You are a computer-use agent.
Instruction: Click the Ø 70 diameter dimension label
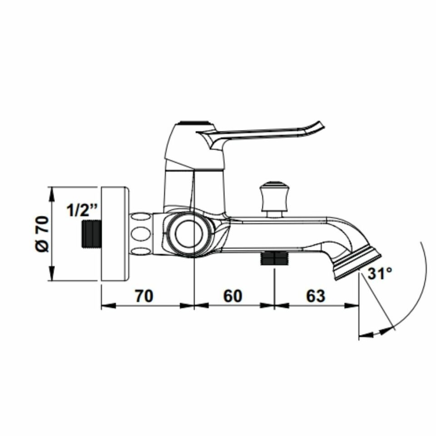tap(43, 234)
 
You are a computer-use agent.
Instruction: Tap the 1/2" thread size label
tap(83, 210)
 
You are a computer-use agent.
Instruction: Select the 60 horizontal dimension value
tap(233, 296)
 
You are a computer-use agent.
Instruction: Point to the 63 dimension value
tap(316, 296)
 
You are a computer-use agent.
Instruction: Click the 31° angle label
tap(380, 274)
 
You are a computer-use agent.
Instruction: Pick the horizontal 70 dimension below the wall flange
tap(144, 296)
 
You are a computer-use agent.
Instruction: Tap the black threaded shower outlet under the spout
tap(274, 258)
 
